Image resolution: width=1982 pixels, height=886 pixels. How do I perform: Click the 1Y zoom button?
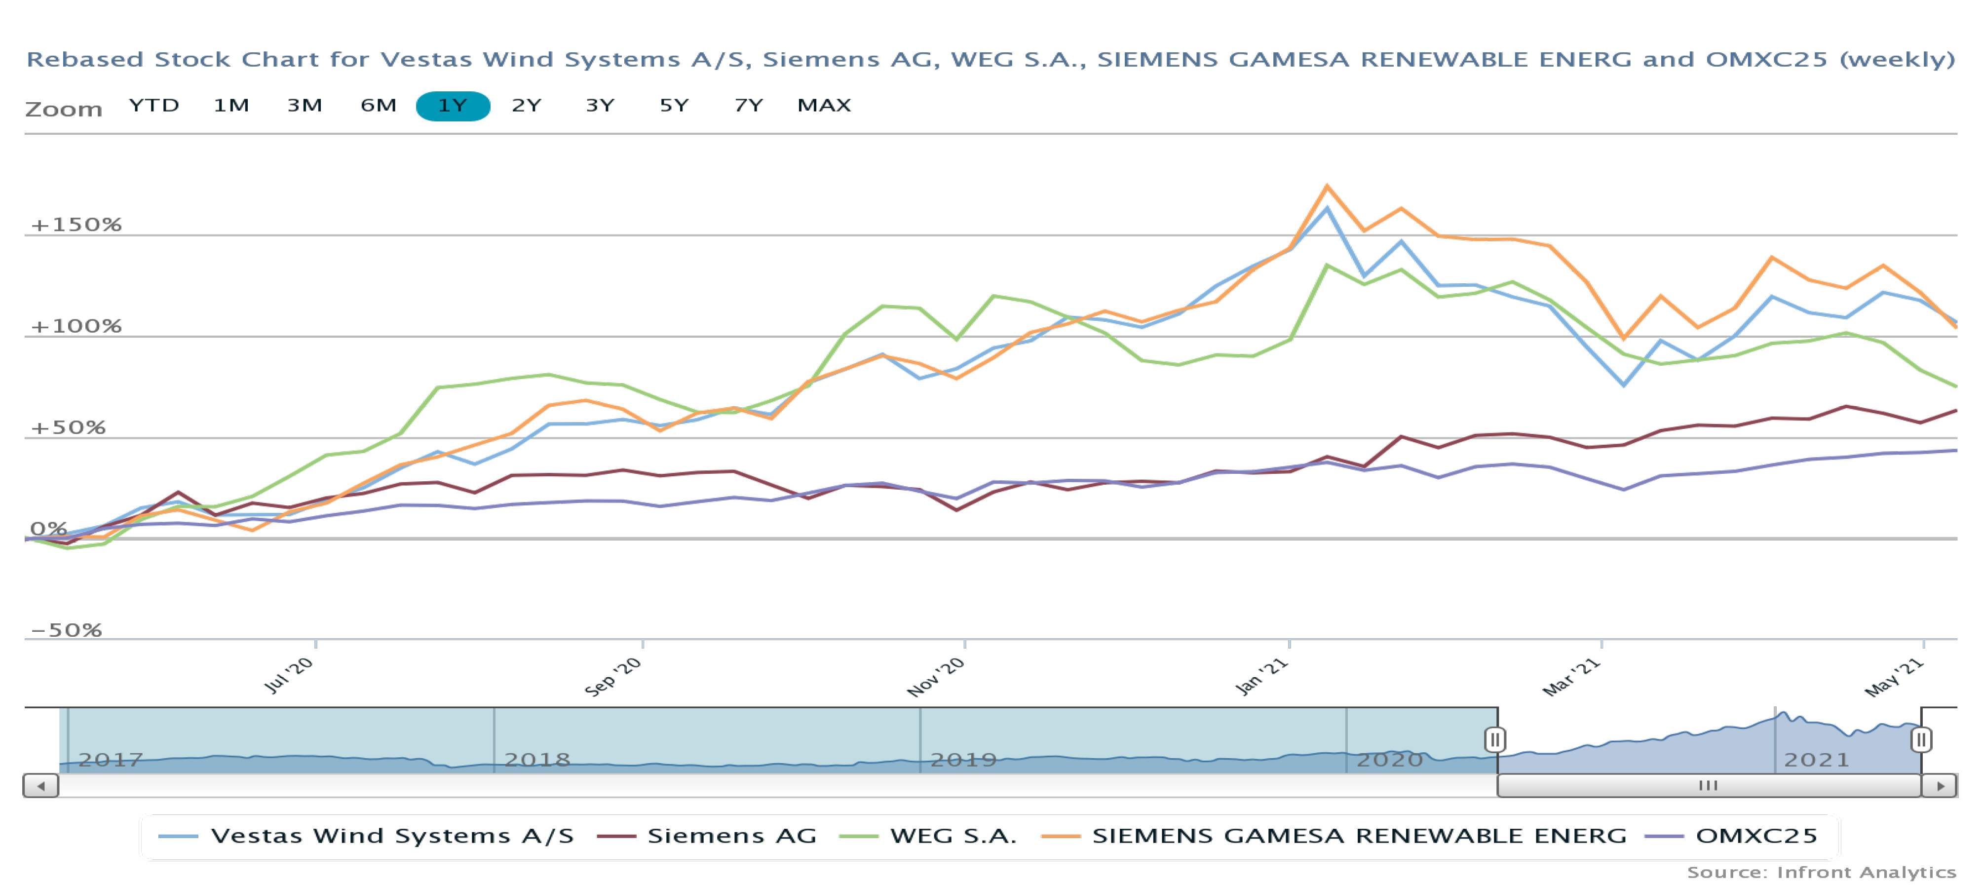coord(453,106)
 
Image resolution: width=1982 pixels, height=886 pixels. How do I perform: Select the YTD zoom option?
coord(154,106)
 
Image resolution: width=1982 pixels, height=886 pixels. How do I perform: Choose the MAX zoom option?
coord(824,106)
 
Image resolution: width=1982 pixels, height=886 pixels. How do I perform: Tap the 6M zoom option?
coord(379,106)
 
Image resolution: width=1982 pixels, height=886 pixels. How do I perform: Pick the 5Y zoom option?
coord(674,106)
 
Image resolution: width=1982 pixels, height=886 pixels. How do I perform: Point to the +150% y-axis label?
coord(76,225)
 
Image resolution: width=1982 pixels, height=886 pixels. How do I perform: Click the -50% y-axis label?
coord(66,630)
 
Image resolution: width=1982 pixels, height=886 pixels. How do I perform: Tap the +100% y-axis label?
coord(76,326)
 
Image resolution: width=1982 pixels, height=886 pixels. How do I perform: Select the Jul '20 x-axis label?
coord(289,675)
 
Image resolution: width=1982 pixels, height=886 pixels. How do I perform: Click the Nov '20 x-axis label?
coord(936,677)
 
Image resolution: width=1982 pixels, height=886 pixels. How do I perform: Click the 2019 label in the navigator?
coord(963,760)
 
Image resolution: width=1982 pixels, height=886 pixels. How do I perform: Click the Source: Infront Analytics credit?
coord(1821,872)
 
